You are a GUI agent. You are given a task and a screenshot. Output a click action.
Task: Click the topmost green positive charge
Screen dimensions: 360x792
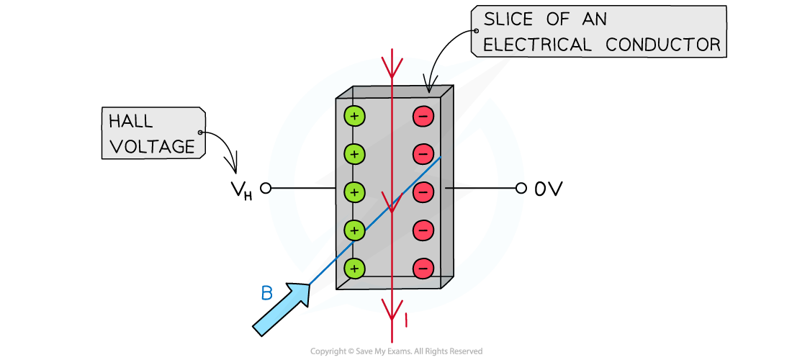[x=354, y=116]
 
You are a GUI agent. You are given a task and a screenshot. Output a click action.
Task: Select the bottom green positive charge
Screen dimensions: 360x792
[x=354, y=269]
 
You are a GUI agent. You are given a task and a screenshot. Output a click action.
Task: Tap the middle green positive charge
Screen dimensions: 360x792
[x=354, y=192]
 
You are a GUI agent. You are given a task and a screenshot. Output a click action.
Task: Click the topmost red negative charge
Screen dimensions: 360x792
[x=423, y=116]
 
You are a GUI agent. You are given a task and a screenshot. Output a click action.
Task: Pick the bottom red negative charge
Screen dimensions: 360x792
[x=423, y=269]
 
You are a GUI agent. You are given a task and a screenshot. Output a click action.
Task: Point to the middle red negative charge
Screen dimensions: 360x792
[x=423, y=192]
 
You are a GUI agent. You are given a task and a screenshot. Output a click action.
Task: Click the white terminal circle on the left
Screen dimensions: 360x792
[x=266, y=189]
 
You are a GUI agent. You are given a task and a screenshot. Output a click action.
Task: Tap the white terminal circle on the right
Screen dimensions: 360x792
[x=521, y=189]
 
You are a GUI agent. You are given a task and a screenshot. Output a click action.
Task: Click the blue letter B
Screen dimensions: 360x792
[x=266, y=293]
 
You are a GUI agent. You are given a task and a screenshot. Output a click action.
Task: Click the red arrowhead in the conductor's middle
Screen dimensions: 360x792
[x=392, y=204]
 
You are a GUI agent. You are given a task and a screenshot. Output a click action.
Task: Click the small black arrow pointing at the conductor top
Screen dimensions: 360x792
[x=431, y=81]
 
